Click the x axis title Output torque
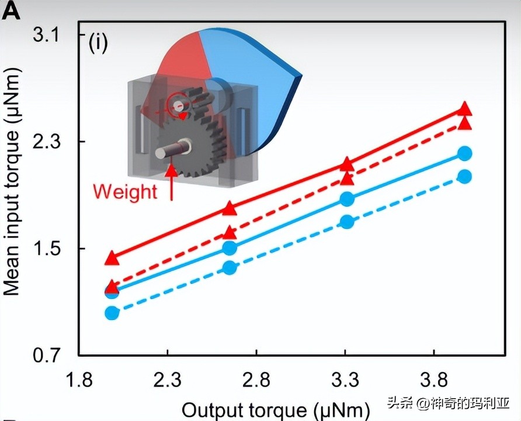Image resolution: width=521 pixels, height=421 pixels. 276,409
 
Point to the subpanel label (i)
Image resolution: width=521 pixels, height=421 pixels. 98,43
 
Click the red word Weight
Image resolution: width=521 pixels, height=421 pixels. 125,191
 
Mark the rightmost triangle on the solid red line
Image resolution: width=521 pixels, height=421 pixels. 465,108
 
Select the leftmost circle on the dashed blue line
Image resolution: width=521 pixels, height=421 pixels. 112,313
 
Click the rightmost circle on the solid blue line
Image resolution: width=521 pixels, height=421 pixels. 465,154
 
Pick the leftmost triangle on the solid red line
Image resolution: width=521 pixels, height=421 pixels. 112,258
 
